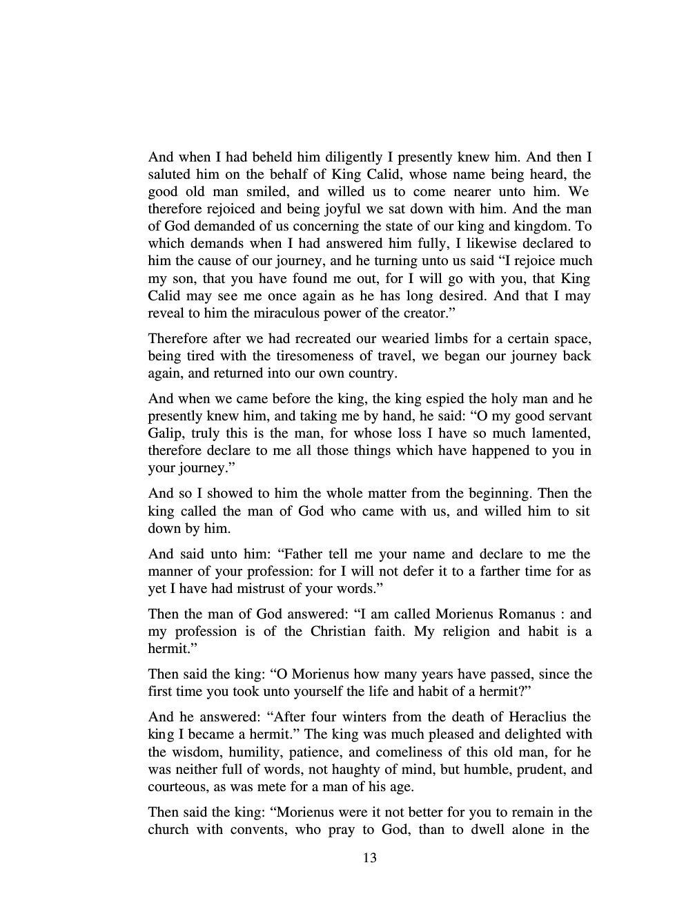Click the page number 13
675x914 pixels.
point(369,858)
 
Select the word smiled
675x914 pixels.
point(276,192)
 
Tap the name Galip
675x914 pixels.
point(164,434)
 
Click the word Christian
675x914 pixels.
point(338,631)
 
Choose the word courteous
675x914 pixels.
point(177,786)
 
